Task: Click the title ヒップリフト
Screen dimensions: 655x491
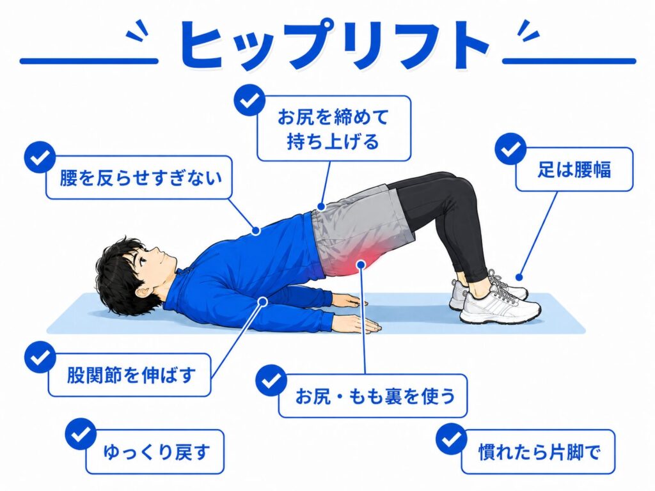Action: pyautogui.click(x=334, y=46)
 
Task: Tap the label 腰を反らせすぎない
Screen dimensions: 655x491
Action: pyautogui.click(x=140, y=178)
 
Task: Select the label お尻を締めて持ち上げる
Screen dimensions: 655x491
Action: pyautogui.click(x=333, y=129)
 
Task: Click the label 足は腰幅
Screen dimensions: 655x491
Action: pyautogui.click(x=574, y=169)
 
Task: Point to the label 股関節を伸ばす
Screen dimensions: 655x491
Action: pyautogui.click(x=131, y=375)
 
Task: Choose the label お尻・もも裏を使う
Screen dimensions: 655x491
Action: pyautogui.click(x=375, y=396)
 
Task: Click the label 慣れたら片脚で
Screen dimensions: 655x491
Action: pyautogui.click(x=539, y=452)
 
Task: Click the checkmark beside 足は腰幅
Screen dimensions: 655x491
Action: pyautogui.click(x=510, y=149)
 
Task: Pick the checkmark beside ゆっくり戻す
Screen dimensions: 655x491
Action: pyautogui.click(x=81, y=434)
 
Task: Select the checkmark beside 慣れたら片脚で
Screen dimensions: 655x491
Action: pyautogui.click(x=451, y=439)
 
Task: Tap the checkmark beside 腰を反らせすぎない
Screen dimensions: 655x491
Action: pyautogui.click(x=40, y=157)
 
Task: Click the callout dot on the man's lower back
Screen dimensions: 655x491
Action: pyautogui.click(x=256, y=230)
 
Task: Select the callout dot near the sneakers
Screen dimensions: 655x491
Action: pyautogui.click(x=519, y=277)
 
